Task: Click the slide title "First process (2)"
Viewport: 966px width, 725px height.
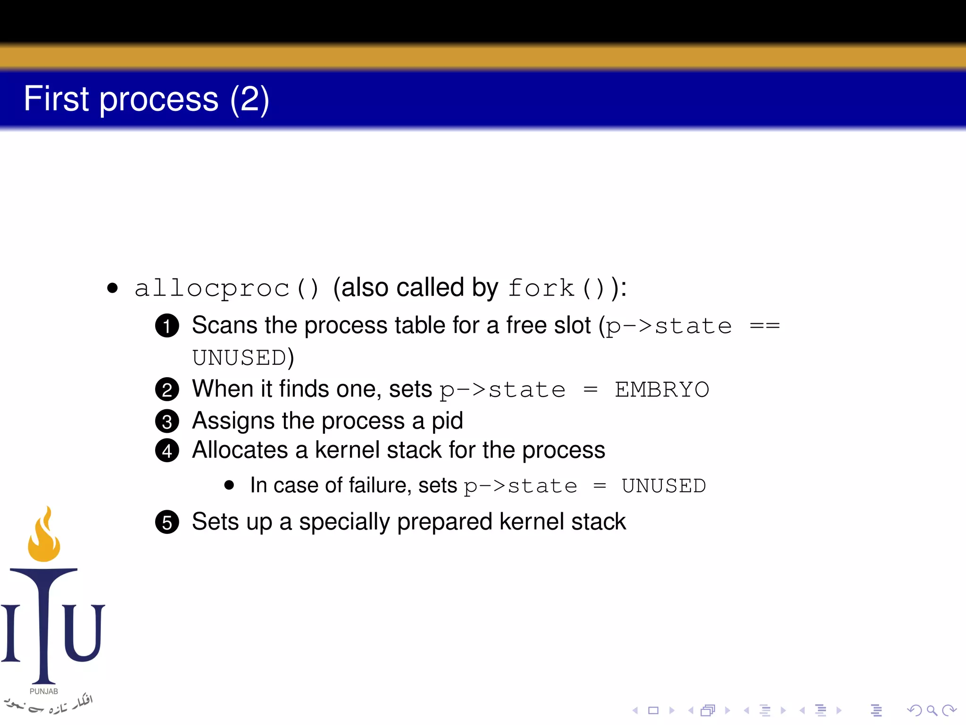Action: pos(146,99)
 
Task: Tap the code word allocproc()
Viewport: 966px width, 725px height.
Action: pos(227,288)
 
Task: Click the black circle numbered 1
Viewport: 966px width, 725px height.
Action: pos(167,326)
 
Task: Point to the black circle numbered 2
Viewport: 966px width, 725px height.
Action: pos(167,390)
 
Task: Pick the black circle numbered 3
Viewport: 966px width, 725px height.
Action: pos(167,422)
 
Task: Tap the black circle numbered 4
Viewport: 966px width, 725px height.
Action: pos(167,451)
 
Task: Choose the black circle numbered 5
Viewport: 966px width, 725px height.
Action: pos(167,523)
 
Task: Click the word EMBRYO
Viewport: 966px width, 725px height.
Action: pos(662,390)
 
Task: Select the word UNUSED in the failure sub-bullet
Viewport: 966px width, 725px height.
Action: pos(664,486)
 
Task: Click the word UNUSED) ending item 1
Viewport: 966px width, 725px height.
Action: pos(243,358)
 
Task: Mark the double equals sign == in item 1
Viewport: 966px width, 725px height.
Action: pos(765,326)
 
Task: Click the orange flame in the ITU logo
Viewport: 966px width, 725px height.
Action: pos(44,538)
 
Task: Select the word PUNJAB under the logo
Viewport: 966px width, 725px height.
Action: pos(44,691)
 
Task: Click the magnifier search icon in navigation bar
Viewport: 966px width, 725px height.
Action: pos(932,710)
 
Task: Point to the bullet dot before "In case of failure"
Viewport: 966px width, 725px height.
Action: pos(229,485)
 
